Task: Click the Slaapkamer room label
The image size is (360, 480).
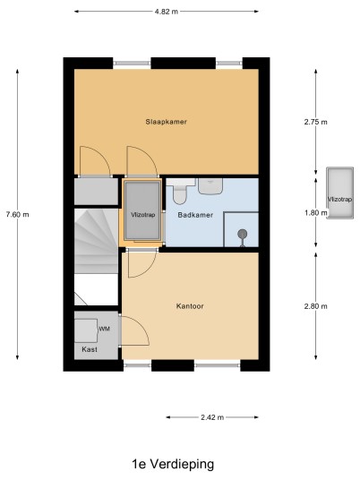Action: pyautogui.click(x=166, y=122)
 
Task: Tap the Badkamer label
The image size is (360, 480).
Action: pyautogui.click(x=195, y=215)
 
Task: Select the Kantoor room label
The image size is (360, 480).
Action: pyautogui.click(x=190, y=306)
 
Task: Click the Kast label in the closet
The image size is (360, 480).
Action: pyautogui.click(x=90, y=349)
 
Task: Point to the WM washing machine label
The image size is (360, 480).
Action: pyautogui.click(x=105, y=329)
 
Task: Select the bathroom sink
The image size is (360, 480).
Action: pyautogui.click(x=210, y=186)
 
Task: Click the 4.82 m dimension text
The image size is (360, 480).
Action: pyautogui.click(x=167, y=12)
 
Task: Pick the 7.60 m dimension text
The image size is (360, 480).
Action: pyautogui.click(x=17, y=215)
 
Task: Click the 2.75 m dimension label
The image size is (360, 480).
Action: pyautogui.click(x=315, y=122)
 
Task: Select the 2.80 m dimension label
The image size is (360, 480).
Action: pyautogui.click(x=315, y=306)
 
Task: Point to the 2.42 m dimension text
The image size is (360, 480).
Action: pyautogui.click(x=212, y=417)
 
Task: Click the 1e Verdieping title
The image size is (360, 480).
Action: pyautogui.click(x=173, y=464)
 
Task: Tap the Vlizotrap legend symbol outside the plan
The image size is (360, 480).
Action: pyautogui.click(x=340, y=193)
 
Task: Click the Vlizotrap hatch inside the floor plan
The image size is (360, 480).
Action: pyautogui.click(x=142, y=210)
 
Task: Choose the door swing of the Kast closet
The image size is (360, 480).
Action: pyautogui.click(x=135, y=330)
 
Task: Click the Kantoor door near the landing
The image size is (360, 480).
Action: pyautogui.click(x=142, y=263)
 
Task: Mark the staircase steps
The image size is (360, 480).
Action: pyautogui.click(x=96, y=241)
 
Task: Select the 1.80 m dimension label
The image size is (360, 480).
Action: pyautogui.click(x=315, y=212)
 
